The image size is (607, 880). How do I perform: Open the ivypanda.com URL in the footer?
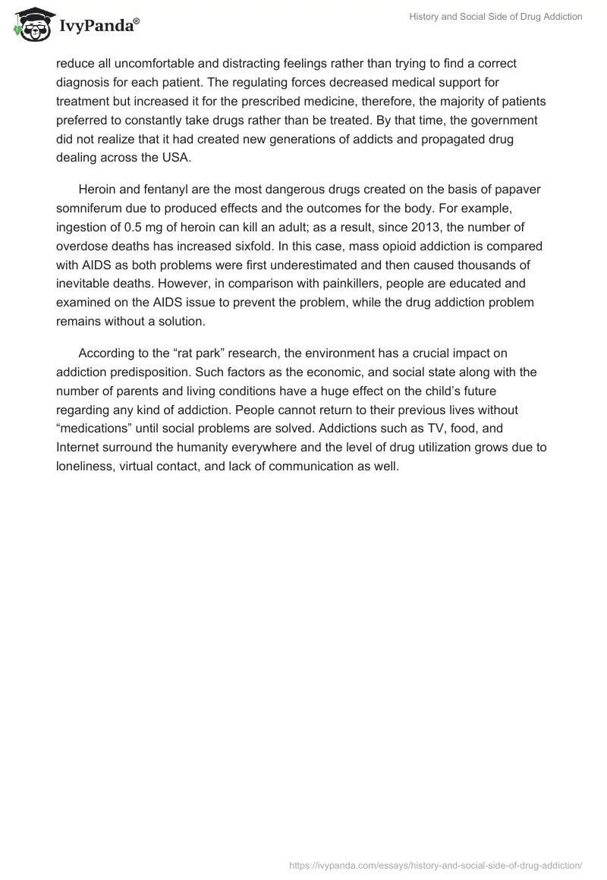(436, 864)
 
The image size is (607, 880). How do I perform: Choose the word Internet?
(81, 446)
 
